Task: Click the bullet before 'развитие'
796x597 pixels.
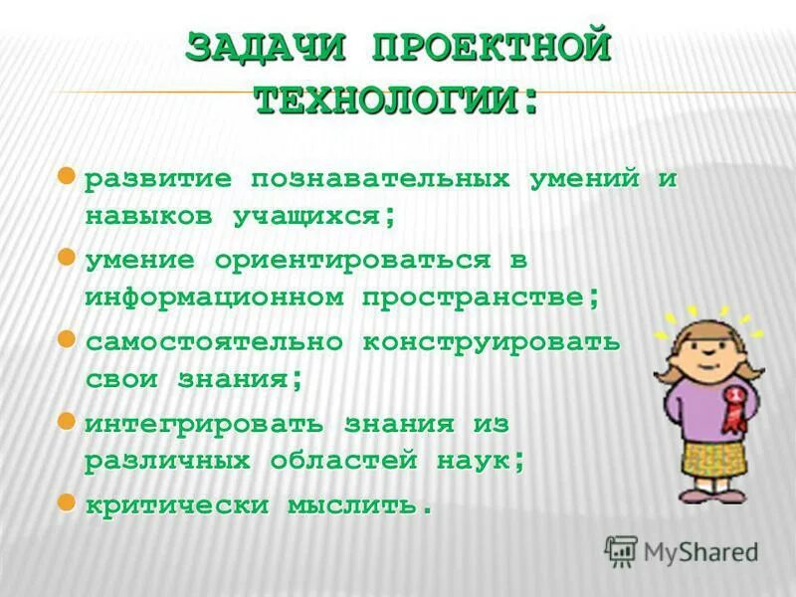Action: point(67,177)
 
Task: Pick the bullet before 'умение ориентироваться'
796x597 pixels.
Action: point(67,258)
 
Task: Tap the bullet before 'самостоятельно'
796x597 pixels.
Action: point(67,339)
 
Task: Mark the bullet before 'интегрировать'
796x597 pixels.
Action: point(67,421)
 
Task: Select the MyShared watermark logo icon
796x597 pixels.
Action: point(621,550)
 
